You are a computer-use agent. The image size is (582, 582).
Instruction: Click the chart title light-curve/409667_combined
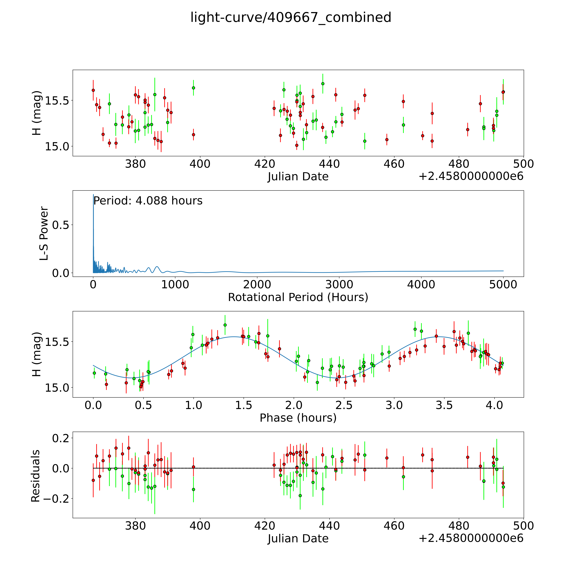click(x=291, y=17)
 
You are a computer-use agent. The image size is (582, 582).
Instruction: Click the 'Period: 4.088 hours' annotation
click(x=148, y=201)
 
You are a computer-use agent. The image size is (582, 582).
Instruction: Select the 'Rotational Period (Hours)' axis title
click(x=298, y=297)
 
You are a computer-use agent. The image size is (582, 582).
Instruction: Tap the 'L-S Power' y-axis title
click(x=44, y=233)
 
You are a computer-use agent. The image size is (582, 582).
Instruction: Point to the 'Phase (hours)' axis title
click(x=298, y=418)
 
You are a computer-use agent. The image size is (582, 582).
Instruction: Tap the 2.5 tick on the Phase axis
click(x=344, y=405)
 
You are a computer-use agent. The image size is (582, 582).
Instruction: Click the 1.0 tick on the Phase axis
click(x=193, y=405)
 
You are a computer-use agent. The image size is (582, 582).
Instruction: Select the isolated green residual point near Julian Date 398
click(x=193, y=490)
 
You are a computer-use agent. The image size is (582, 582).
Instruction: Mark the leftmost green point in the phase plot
click(x=94, y=373)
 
